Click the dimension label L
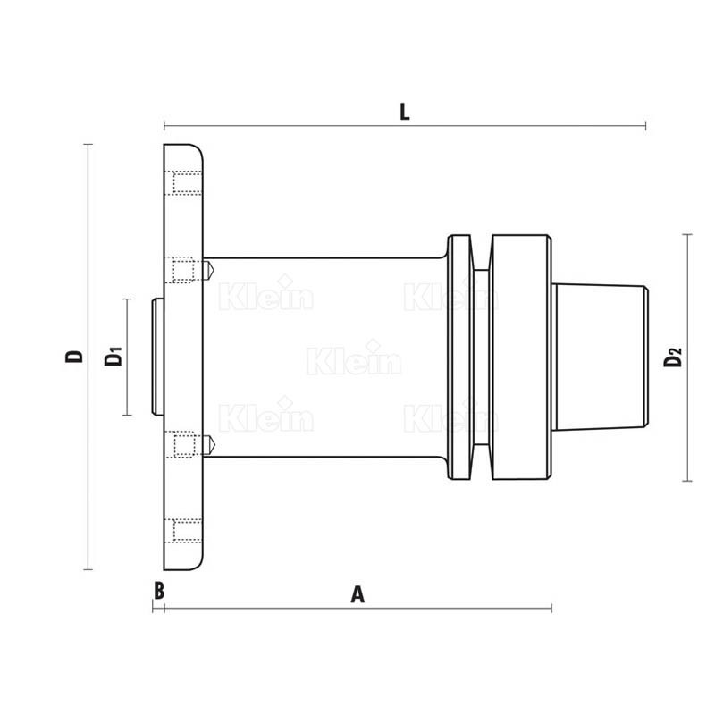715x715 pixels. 405,113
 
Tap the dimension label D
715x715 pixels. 74,356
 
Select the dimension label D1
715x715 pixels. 114,356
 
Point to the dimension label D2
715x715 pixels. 673,357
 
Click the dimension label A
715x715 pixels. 357,594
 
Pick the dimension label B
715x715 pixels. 159,591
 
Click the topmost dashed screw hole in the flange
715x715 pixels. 183,183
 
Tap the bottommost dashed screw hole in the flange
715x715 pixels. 183,531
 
